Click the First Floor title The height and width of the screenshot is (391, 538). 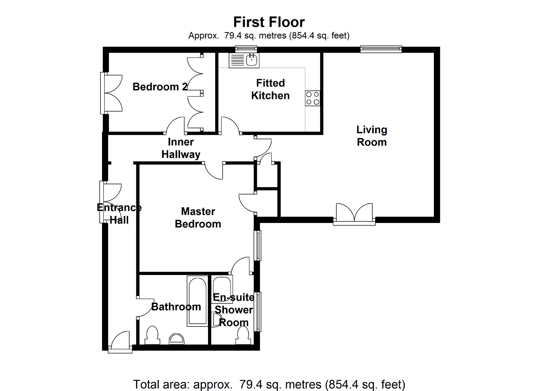[269, 22]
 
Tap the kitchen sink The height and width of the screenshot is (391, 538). [251, 60]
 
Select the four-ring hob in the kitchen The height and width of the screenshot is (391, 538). [313, 98]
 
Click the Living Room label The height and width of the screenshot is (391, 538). [372, 136]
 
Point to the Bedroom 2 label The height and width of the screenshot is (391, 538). [160, 87]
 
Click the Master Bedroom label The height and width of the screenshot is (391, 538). [198, 218]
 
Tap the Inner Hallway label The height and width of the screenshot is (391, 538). [181, 148]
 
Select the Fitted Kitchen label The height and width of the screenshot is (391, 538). [270, 89]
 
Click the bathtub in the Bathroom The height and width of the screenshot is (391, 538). [197, 301]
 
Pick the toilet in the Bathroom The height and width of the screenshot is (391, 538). [152, 336]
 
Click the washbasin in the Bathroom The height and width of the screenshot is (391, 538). [176, 339]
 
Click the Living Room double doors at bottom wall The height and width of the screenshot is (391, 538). [354, 214]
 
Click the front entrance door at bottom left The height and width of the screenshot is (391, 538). [120, 342]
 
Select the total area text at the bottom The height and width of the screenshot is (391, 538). [269, 384]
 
